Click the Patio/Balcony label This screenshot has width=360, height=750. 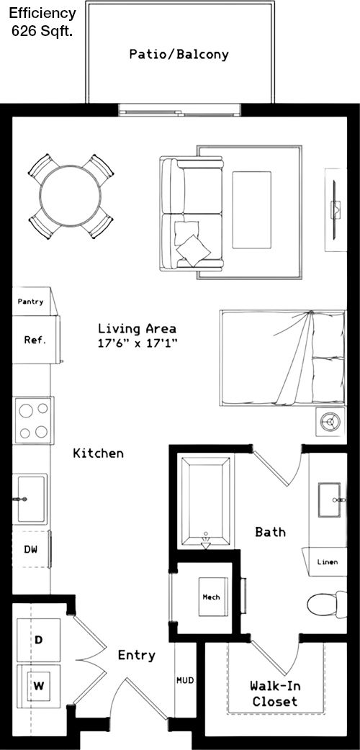(x=179, y=55)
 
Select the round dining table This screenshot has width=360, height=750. (x=71, y=196)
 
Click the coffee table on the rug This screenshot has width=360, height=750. (x=251, y=209)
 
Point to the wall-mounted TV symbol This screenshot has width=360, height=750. (x=336, y=209)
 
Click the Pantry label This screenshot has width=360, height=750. (x=31, y=302)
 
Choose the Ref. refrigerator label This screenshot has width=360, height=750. (x=35, y=340)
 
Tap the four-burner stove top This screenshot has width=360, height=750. (x=34, y=420)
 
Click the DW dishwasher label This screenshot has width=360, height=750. (x=30, y=549)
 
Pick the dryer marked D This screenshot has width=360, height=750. (x=39, y=639)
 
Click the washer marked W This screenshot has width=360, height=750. (x=39, y=686)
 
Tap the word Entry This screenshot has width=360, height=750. (x=136, y=655)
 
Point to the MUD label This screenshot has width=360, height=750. (x=185, y=679)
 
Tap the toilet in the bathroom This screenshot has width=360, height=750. (x=327, y=605)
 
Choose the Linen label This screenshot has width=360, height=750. (x=328, y=562)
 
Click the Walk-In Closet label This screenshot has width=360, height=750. (x=275, y=694)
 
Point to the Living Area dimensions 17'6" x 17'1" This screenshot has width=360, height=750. (x=137, y=343)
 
